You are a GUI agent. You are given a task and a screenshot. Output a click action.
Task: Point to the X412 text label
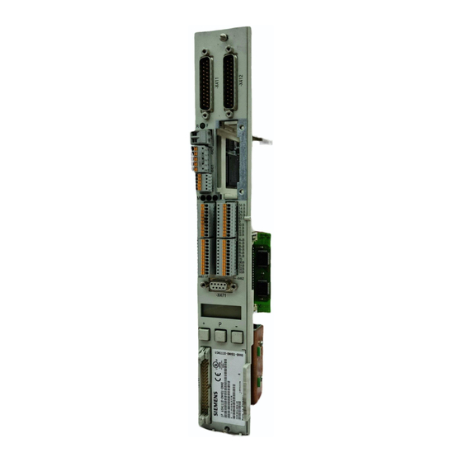pyautogui.click(x=242, y=82)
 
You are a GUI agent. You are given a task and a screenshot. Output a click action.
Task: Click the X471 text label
pyautogui.click(x=220, y=296)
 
